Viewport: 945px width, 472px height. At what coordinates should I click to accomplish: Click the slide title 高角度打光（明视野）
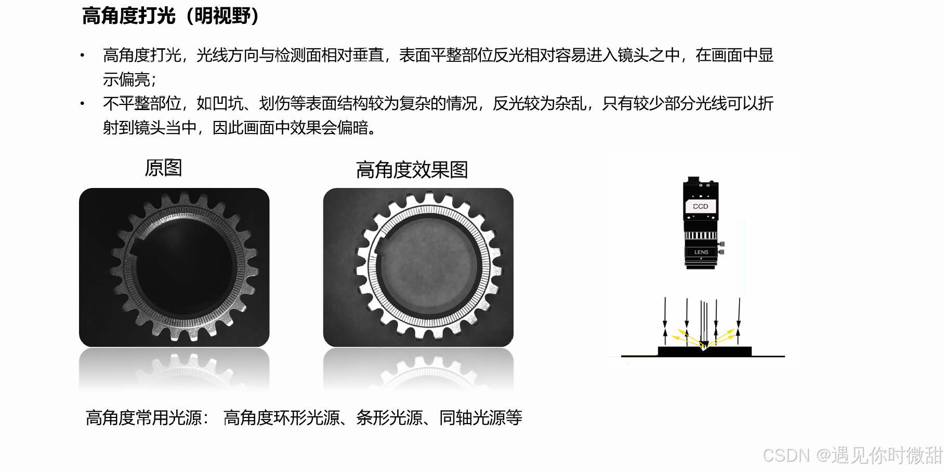pyautogui.click(x=170, y=16)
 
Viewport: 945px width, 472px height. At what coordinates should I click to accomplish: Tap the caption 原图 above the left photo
pyautogui.click(x=163, y=168)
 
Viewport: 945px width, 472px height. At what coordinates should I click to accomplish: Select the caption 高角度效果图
pyautogui.click(x=412, y=170)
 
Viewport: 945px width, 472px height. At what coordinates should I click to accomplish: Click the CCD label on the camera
pyautogui.click(x=701, y=206)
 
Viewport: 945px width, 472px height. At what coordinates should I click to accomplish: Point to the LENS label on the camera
pyautogui.click(x=701, y=252)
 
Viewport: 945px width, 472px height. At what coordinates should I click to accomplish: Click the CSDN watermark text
pyautogui.click(x=852, y=455)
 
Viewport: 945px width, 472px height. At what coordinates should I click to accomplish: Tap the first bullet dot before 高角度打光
pyautogui.click(x=82, y=55)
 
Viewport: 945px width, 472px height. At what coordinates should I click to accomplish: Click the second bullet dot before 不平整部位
pyautogui.click(x=82, y=103)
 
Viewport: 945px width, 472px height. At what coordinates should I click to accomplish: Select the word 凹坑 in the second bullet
pyautogui.click(x=228, y=103)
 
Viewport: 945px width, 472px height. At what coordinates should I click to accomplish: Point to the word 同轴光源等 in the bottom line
pyautogui.click(x=481, y=417)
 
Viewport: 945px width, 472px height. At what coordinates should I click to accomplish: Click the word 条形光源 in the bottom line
pyautogui.click(x=389, y=417)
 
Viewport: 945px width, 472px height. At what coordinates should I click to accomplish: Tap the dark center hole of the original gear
pyautogui.click(x=185, y=267)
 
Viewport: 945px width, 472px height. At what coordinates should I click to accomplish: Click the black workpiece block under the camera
pyautogui.click(x=704, y=352)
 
